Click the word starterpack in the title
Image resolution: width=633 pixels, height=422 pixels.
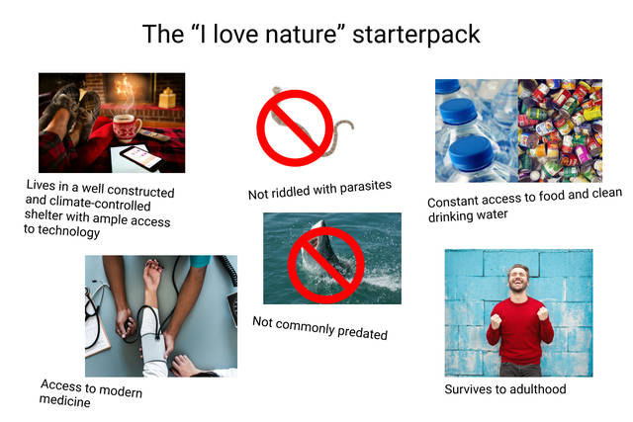tap(416, 35)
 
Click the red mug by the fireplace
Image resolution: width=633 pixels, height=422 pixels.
tap(127, 127)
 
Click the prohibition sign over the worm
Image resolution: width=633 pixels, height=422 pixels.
tap(295, 127)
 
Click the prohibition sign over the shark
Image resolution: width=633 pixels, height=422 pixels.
tap(325, 265)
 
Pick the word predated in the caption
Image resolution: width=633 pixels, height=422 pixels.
tap(362, 332)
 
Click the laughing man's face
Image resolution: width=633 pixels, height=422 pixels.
tap(518, 279)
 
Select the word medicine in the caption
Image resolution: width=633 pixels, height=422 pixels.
tap(64, 401)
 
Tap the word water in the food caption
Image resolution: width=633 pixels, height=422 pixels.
tap(492, 214)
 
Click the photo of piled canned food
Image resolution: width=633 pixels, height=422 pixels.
tap(560, 130)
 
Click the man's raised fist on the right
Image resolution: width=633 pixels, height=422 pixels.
tap(543, 313)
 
